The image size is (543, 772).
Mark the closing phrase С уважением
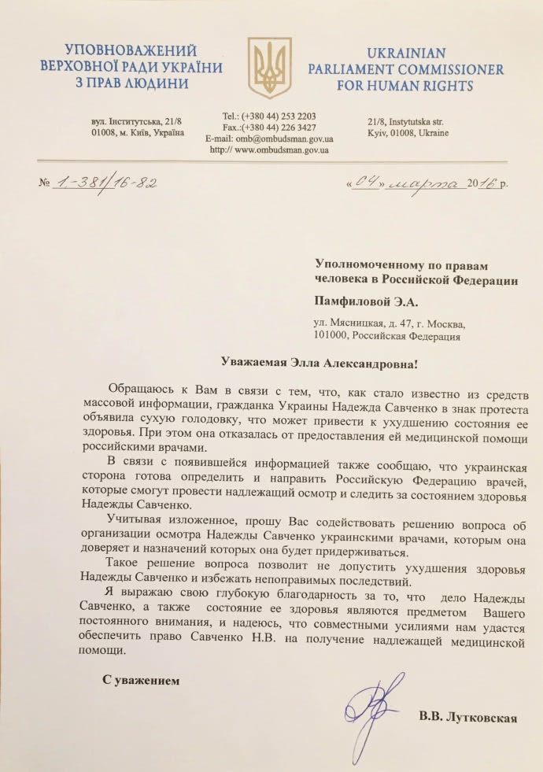140,678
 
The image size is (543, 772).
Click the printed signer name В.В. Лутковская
467,718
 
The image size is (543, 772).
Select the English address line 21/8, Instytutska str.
405,122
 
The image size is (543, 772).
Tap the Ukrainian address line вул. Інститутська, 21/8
136,122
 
